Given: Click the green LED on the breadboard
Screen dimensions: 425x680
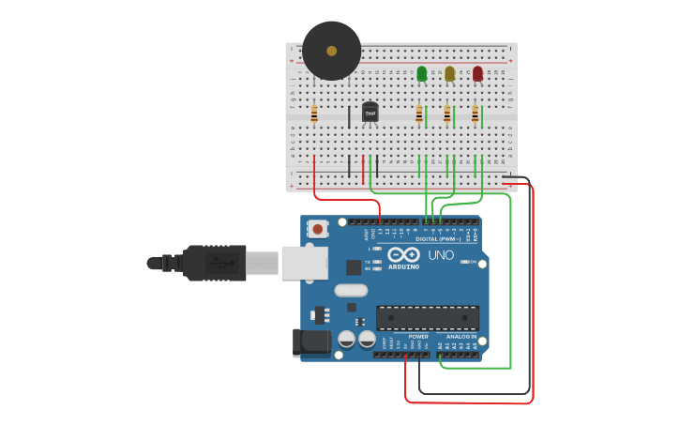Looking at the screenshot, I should pyautogui.click(x=421, y=73).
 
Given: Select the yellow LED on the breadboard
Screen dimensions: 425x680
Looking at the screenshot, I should pyautogui.click(x=449, y=73).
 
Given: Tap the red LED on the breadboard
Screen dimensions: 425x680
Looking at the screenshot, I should pyautogui.click(x=477, y=73).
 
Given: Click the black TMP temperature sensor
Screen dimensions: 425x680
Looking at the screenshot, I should pyautogui.click(x=370, y=113).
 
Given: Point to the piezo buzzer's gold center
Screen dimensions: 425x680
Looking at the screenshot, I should pyautogui.click(x=331, y=51).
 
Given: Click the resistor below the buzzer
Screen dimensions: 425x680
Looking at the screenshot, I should pyautogui.click(x=314, y=114).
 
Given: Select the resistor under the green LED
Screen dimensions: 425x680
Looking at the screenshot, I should pyautogui.click(x=419, y=114).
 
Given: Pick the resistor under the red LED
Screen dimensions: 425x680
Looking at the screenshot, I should pyautogui.click(x=476, y=114).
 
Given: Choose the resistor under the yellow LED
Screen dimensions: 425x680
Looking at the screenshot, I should pyautogui.click(x=447, y=114).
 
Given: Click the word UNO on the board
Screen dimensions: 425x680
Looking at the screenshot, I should pyautogui.click(x=441, y=255).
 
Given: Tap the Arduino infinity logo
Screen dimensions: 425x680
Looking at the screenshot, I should pyautogui.click(x=403, y=254).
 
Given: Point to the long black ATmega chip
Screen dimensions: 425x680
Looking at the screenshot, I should pyautogui.click(x=427, y=318).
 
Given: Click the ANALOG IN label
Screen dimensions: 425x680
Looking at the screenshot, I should pyautogui.click(x=461, y=336).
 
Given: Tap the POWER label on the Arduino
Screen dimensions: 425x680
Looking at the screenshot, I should pyautogui.click(x=418, y=336).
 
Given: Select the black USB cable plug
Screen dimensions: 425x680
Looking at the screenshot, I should pyautogui.click(x=215, y=263).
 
